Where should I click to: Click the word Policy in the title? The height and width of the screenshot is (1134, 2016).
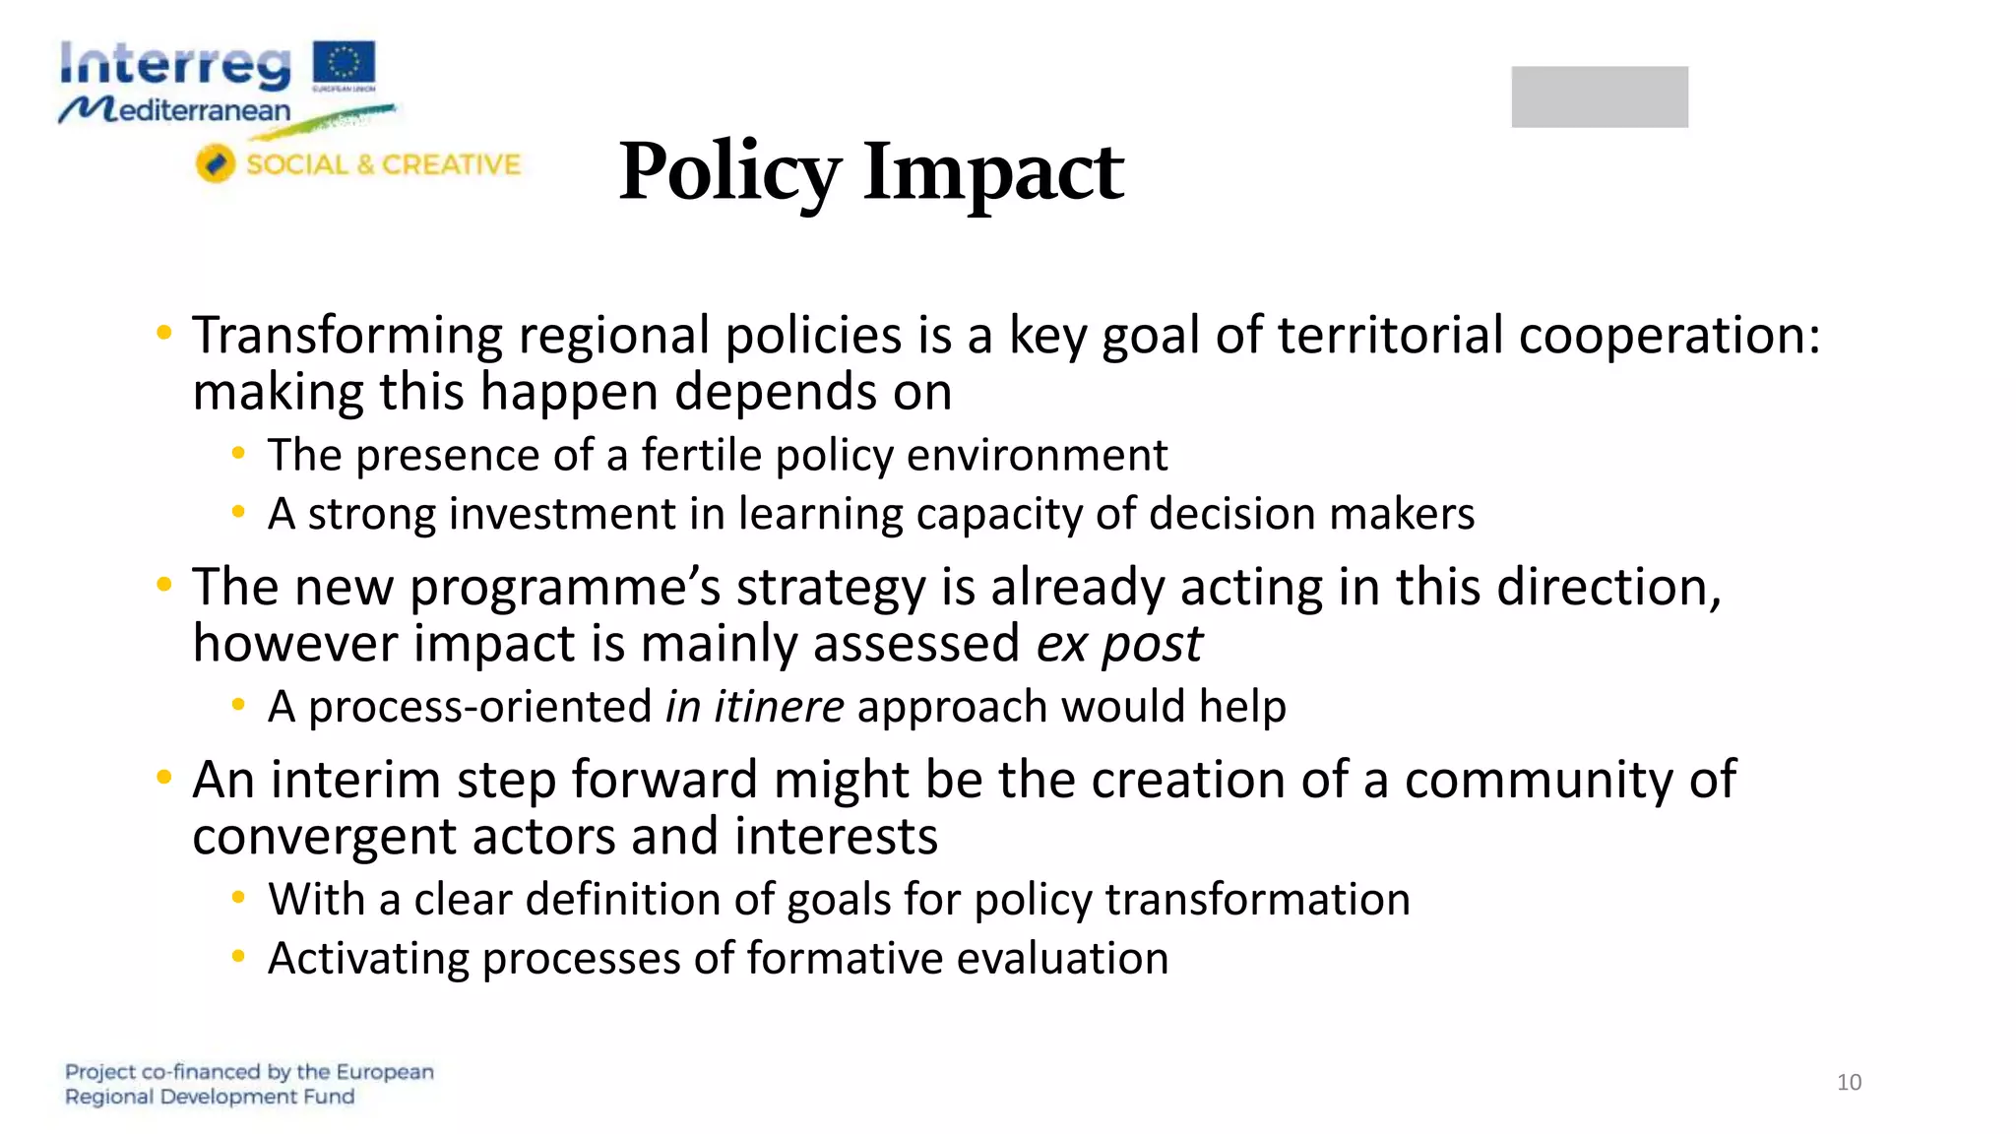click(729, 173)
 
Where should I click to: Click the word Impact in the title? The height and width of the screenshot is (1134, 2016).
click(993, 173)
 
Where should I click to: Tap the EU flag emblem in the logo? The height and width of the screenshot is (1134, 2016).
click(344, 62)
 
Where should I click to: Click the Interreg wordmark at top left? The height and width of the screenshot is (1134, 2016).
click(175, 65)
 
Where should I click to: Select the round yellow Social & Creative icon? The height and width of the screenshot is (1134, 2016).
click(215, 163)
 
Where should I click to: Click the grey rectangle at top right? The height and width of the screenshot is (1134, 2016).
click(1599, 96)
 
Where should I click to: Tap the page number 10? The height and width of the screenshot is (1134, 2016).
click(1849, 1082)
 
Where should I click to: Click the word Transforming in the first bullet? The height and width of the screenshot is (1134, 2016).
click(347, 337)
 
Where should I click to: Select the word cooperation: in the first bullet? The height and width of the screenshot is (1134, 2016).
click(1669, 337)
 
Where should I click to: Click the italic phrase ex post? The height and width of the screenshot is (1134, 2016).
click(1119, 645)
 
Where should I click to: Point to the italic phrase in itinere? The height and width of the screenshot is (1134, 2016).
click(754, 707)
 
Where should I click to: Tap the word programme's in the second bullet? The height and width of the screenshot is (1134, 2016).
click(565, 589)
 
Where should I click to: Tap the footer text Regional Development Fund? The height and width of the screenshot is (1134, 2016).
click(210, 1097)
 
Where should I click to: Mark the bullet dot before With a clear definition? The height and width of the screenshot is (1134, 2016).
click(238, 897)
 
